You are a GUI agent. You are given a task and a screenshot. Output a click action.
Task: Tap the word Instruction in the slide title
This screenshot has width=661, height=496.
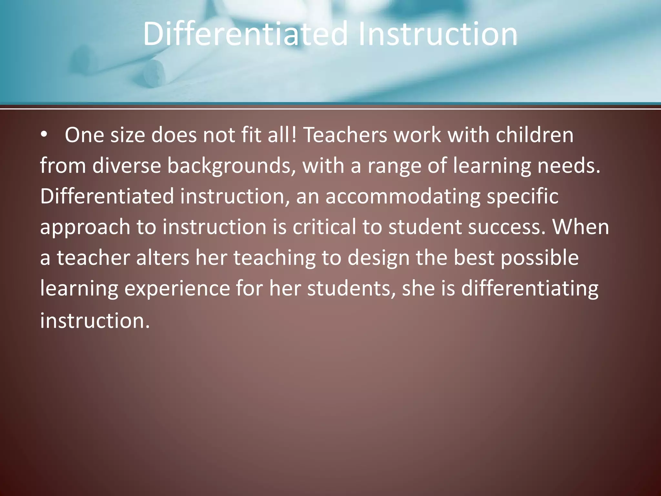pyautogui.click(x=438, y=34)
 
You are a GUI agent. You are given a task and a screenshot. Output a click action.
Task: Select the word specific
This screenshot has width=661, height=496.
pyautogui.click(x=523, y=197)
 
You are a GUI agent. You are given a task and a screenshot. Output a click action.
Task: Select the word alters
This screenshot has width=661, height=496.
pyautogui.click(x=162, y=258)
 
